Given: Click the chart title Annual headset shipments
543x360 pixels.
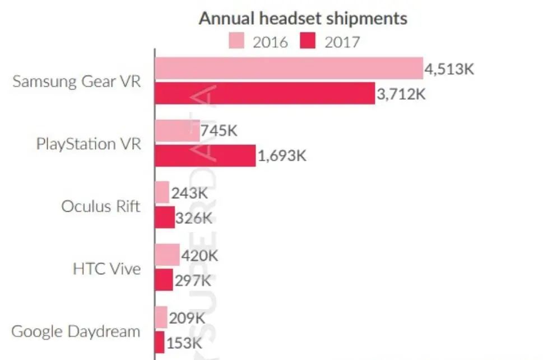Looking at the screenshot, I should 303,18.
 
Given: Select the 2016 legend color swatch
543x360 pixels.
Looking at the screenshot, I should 236,42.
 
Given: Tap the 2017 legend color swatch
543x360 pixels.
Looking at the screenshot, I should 308,42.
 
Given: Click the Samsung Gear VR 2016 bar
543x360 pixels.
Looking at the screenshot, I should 289,68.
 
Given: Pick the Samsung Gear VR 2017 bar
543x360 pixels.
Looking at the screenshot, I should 264,93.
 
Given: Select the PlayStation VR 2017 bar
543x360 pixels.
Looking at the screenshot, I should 205,155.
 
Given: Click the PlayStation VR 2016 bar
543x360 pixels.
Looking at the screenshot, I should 177,130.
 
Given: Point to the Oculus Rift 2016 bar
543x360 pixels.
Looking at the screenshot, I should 162,193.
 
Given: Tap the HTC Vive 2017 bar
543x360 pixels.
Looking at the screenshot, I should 164,279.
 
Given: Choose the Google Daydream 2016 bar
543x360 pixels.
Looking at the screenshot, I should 161,317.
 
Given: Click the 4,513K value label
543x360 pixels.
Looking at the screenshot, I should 449,70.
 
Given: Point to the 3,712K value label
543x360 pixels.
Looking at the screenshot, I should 401,94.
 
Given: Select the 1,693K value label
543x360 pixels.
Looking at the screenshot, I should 282,156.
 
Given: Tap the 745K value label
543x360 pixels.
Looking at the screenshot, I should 220,132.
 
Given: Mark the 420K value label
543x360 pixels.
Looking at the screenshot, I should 199,256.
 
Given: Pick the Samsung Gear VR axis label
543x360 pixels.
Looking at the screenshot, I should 77,81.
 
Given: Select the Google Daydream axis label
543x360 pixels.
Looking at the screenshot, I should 76,331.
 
